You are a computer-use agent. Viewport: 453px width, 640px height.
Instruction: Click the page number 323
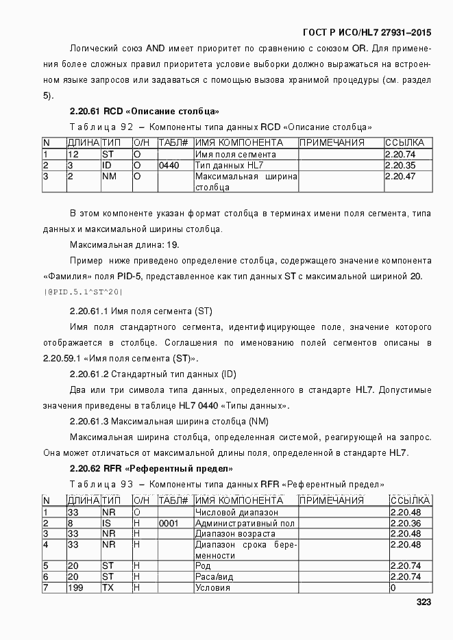[x=422, y=603]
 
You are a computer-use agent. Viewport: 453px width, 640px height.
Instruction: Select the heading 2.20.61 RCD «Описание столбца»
[x=144, y=111]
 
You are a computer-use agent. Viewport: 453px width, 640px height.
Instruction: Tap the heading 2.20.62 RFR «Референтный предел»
[x=151, y=469]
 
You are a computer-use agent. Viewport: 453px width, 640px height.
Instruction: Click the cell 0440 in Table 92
[x=168, y=166]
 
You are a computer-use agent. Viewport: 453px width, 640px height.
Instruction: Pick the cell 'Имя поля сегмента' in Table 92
[x=236, y=155]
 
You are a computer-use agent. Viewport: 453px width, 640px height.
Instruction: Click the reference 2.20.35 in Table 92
[x=400, y=166]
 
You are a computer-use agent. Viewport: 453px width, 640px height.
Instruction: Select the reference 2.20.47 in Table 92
[x=400, y=177]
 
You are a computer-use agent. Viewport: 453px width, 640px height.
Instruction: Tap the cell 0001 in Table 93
[x=168, y=523]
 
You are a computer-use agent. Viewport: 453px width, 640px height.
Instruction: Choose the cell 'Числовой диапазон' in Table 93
[x=236, y=512]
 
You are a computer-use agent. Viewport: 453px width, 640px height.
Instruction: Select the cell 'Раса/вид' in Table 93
[x=217, y=577]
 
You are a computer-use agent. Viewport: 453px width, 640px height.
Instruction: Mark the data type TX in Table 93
[x=108, y=588]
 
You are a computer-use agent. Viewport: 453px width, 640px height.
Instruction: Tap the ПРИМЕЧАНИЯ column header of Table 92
[x=332, y=143]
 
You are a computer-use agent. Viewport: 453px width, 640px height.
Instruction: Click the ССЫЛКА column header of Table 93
[x=408, y=501]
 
